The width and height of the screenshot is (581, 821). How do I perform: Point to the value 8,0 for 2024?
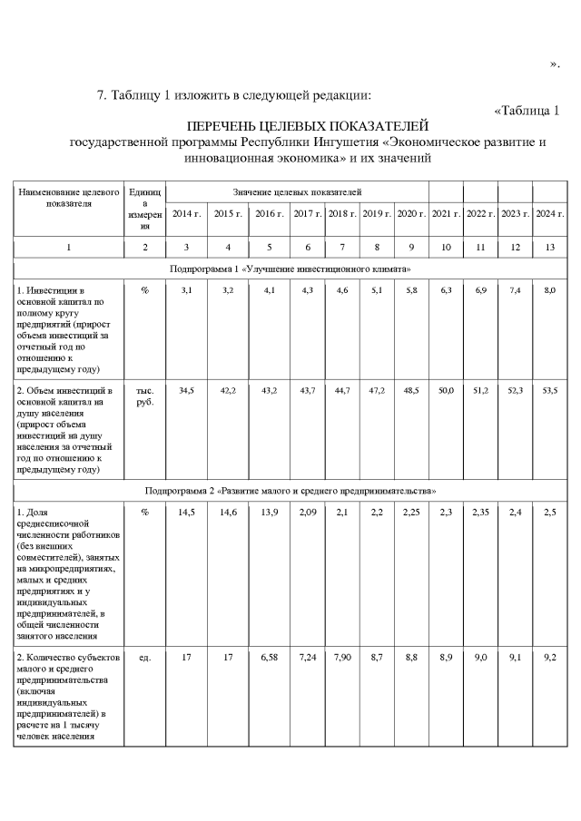[550, 289]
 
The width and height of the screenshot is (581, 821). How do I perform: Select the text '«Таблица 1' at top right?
[527, 111]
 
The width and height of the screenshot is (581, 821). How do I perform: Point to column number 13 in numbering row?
[550, 247]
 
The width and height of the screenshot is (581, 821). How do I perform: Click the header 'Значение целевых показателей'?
[297, 192]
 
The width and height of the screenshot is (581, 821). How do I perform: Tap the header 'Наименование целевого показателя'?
[69, 198]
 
